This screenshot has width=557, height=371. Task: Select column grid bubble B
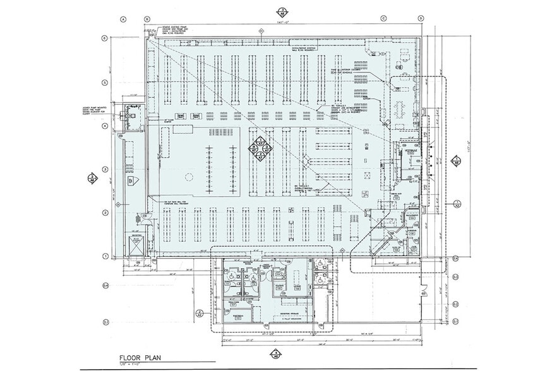147,20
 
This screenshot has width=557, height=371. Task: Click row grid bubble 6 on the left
105,38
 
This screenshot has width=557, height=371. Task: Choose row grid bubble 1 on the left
105,256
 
